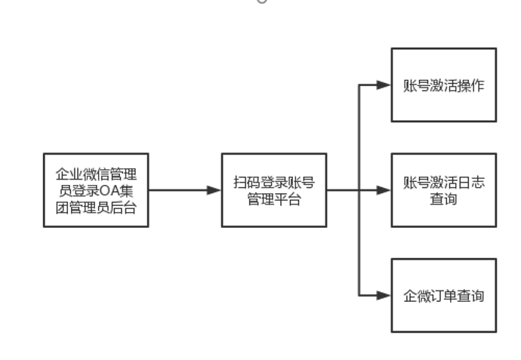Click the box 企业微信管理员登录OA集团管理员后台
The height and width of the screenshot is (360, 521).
click(x=96, y=190)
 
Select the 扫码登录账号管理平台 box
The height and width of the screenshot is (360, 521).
click(x=274, y=190)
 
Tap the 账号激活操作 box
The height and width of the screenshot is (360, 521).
click(x=444, y=85)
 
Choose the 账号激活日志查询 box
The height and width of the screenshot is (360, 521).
click(x=444, y=190)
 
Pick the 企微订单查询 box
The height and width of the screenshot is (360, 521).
click(x=444, y=295)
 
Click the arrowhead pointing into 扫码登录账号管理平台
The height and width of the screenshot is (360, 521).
click(x=215, y=190)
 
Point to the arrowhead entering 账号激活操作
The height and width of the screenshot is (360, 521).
click(x=385, y=85)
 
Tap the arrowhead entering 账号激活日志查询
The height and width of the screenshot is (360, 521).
click(x=385, y=190)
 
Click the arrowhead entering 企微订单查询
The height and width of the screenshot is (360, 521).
click(x=385, y=295)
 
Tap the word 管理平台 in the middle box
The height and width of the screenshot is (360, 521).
click(x=274, y=199)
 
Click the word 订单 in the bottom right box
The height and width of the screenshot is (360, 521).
click(x=444, y=296)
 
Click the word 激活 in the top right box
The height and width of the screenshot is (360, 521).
click(x=444, y=85)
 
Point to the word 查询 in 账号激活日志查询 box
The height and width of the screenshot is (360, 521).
click(x=444, y=199)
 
